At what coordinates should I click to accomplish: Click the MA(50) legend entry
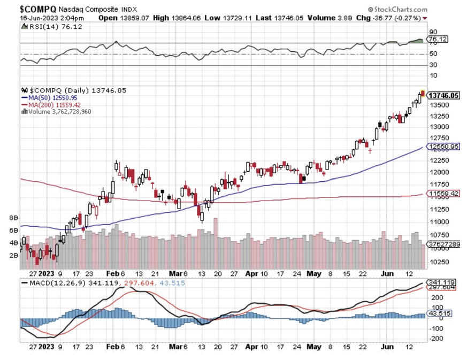coord(49,97)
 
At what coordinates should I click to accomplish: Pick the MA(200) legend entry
coord(51,104)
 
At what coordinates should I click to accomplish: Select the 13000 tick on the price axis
coord(438,127)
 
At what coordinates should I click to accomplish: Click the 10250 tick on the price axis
coord(438,262)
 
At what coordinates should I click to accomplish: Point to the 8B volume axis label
coord(14,218)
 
